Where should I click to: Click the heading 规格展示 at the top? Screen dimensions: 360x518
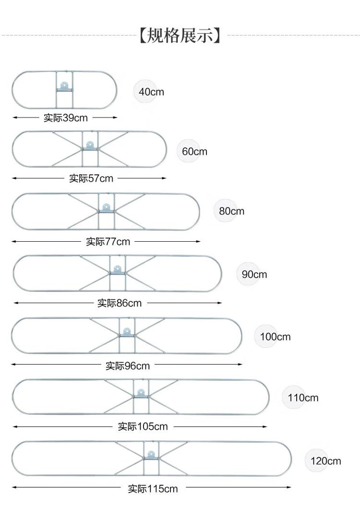[x=180, y=35]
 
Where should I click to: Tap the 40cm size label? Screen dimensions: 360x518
[x=151, y=92]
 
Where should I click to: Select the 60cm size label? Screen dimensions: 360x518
[x=194, y=152]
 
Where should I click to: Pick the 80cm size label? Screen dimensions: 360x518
[x=231, y=211]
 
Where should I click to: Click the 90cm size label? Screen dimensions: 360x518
[x=254, y=274]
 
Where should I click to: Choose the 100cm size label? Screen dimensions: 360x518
[x=275, y=337]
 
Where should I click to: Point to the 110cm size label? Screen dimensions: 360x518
[x=303, y=398]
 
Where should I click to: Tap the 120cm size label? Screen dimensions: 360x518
[x=325, y=461]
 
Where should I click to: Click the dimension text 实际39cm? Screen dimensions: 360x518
[x=65, y=118]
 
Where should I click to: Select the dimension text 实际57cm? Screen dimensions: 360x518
[x=91, y=178]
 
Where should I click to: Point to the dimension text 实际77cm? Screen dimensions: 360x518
[x=108, y=241]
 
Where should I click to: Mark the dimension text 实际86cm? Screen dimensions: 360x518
[x=120, y=303]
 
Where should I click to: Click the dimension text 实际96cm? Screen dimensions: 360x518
[x=128, y=365]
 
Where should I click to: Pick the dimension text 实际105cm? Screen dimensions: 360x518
[x=143, y=426]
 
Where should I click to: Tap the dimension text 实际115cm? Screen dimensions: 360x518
[x=153, y=489]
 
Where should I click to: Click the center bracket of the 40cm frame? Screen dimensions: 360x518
[x=64, y=86]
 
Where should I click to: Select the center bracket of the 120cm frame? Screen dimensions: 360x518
[x=151, y=455]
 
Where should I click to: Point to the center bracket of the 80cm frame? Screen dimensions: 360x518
[x=106, y=208]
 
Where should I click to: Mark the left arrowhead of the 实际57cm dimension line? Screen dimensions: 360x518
[x=15, y=178]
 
